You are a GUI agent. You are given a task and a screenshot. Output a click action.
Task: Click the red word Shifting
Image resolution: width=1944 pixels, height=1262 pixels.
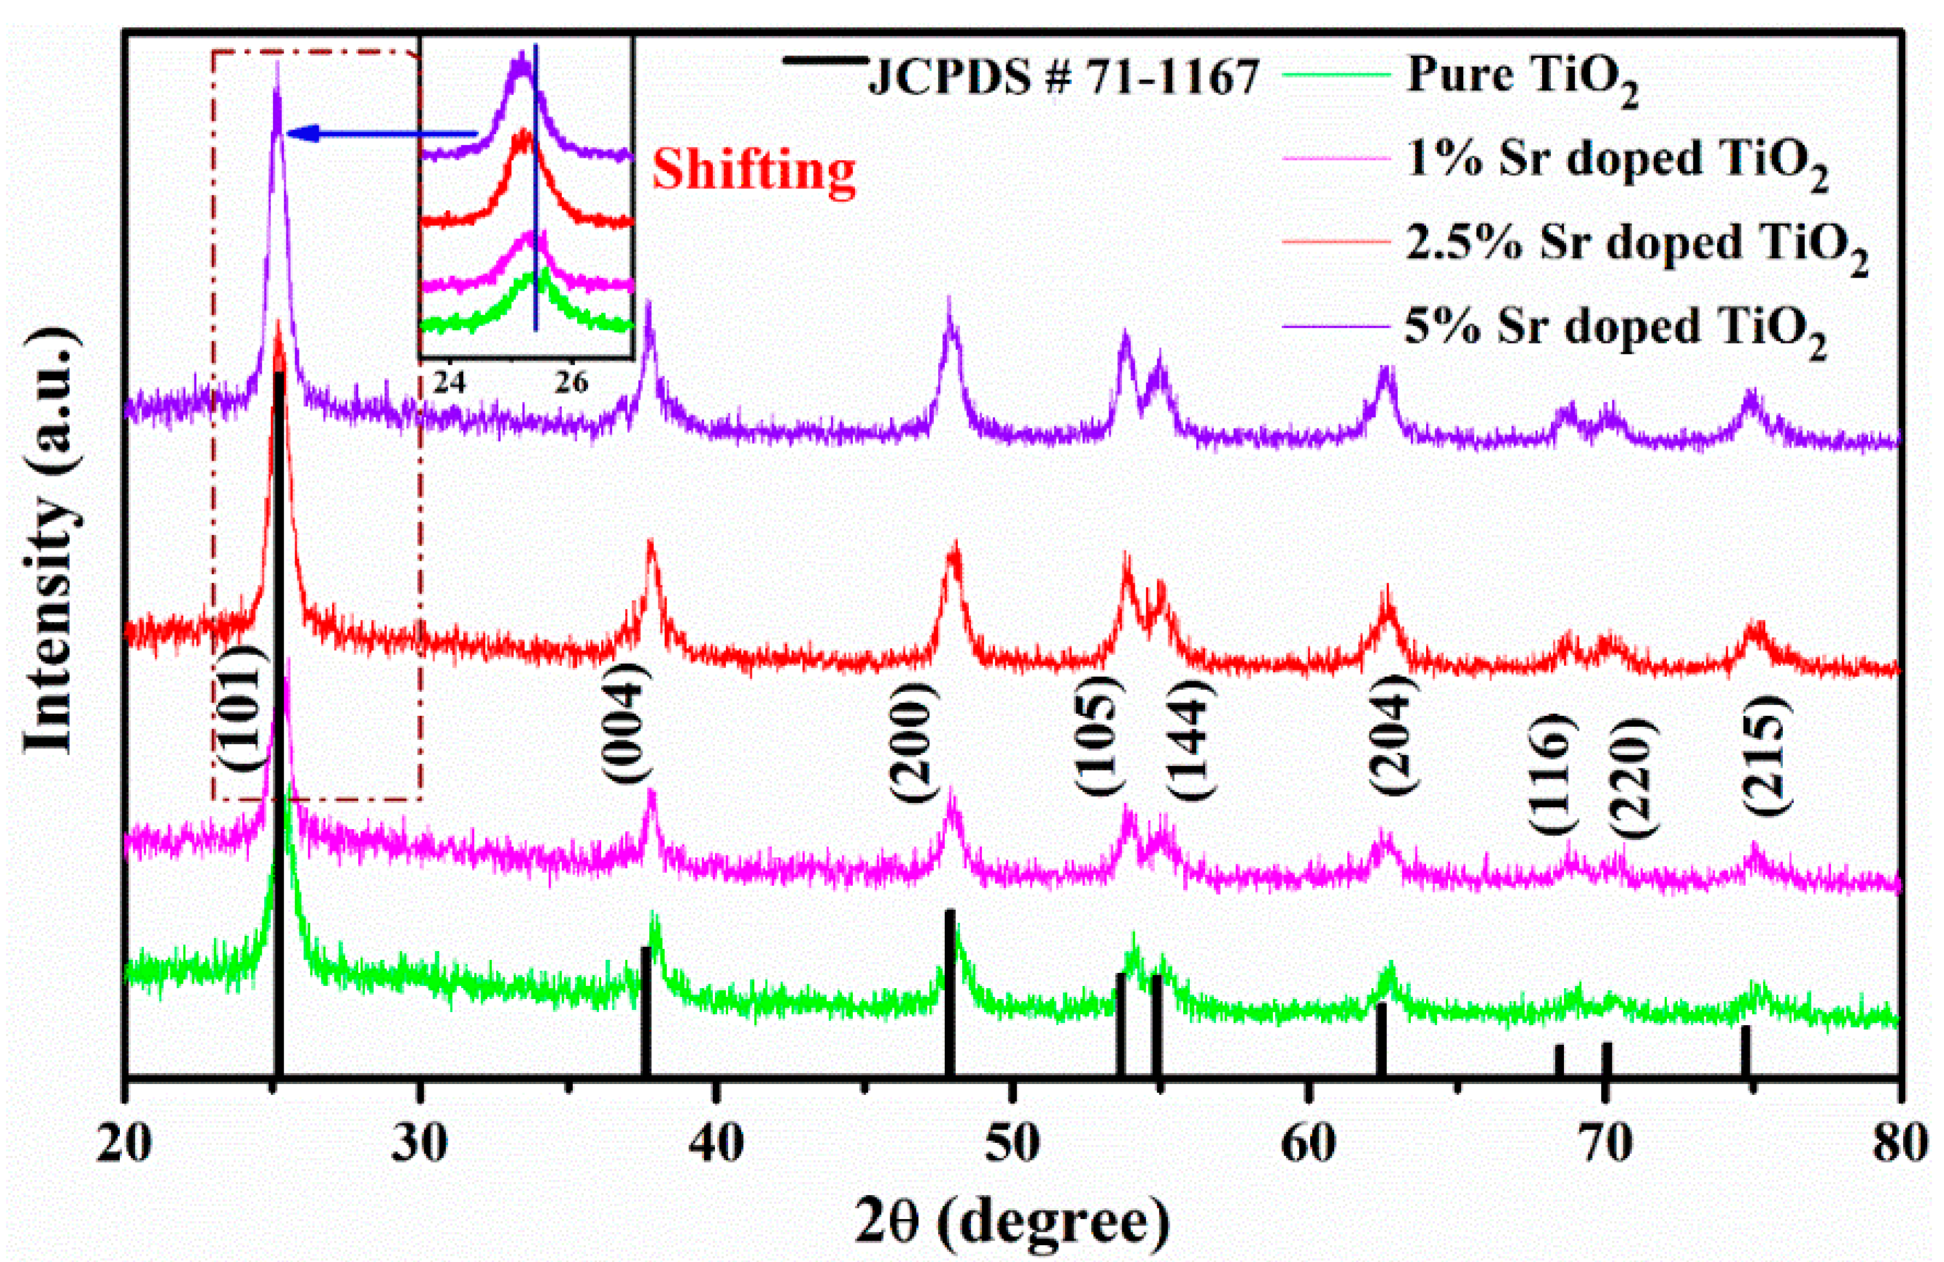pyautogui.click(x=753, y=171)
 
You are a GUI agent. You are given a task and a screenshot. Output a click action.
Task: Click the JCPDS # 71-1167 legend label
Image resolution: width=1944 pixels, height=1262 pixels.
pyautogui.click(x=1062, y=79)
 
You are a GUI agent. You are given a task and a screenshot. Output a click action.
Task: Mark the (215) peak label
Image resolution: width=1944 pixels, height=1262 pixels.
pyautogui.click(x=1766, y=753)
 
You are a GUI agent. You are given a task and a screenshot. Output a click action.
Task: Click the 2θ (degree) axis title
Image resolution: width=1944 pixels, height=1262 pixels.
pyautogui.click(x=1012, y=1222)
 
